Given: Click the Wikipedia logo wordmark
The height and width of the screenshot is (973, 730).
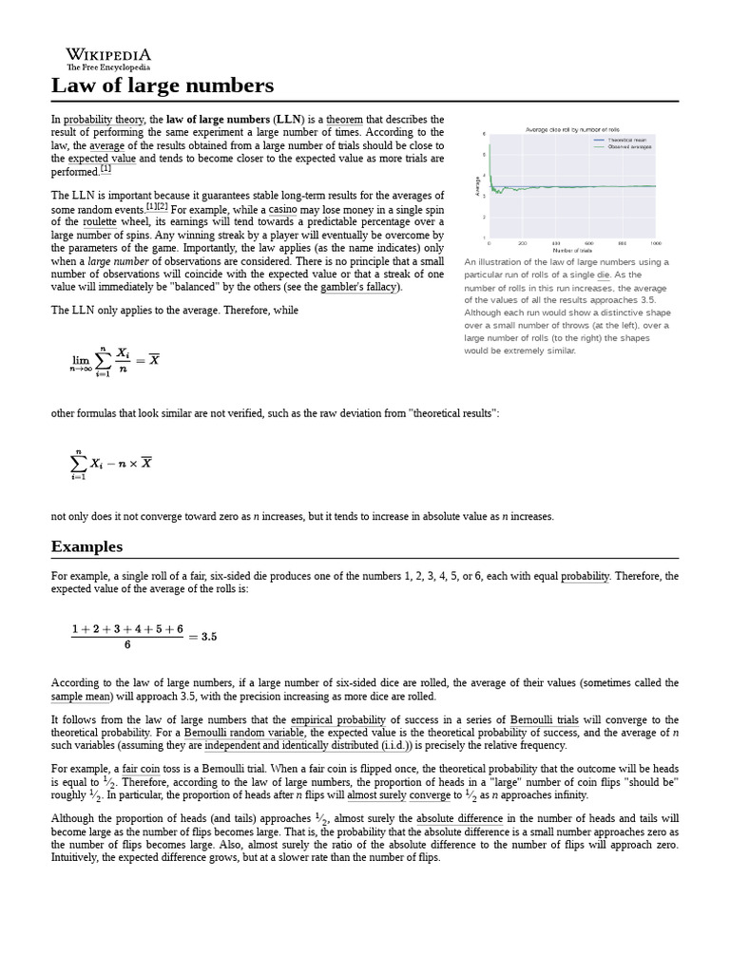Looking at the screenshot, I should point(108,55).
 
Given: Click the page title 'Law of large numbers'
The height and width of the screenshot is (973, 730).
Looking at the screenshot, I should point(162,86).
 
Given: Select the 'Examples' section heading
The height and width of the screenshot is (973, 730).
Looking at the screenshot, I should point(86,546).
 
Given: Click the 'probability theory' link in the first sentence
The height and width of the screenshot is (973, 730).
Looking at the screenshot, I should point(105,119).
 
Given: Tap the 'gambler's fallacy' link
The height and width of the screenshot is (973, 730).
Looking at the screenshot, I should point(360,287).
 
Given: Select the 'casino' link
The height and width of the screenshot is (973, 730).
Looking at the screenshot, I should point(283,208).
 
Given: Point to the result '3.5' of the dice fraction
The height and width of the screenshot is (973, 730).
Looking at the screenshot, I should point(209,637).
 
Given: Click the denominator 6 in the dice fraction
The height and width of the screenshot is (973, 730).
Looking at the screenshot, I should point(126,645).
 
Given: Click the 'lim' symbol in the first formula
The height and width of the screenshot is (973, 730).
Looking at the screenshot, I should point(80,359).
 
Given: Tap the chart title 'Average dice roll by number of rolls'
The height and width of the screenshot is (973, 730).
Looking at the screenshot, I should point(572,129).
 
